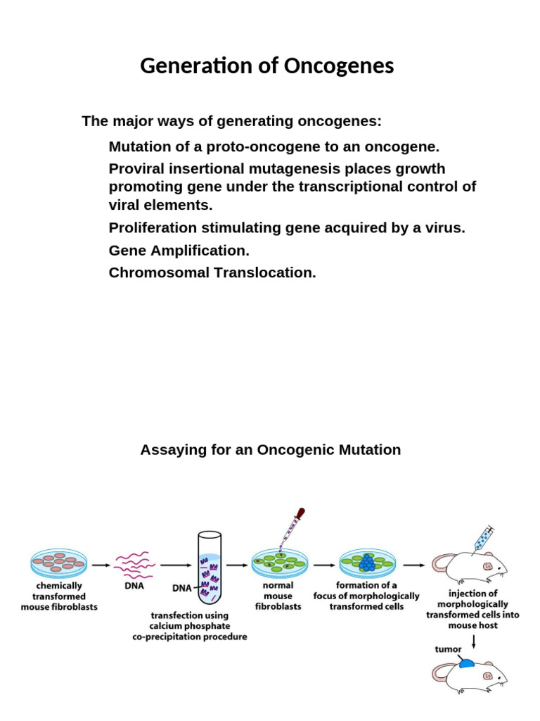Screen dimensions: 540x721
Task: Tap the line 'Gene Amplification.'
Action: click(179, 251)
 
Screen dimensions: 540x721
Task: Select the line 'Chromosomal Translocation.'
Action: click(212, 272)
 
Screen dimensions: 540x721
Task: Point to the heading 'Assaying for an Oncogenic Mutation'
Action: click(270, 449)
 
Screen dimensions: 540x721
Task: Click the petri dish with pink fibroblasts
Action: click(59, 563)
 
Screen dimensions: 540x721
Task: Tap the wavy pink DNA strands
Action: click(134, 563)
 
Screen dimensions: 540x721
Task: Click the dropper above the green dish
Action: click(290, 529)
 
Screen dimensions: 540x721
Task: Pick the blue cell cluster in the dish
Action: click(367, 563)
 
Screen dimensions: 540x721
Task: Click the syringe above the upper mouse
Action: click(484, 537)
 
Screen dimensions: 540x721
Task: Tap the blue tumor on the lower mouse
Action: click(466, 663)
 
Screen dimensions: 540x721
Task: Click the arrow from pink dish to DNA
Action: click(101, 564)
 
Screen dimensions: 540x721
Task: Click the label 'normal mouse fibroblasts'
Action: click(278, 596)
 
